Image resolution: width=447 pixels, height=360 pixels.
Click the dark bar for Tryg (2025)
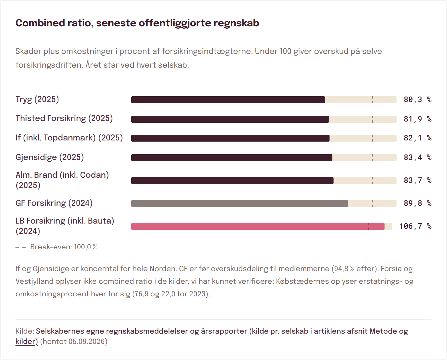pos(228,100)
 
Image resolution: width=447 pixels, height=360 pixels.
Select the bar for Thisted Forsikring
pos(230,119)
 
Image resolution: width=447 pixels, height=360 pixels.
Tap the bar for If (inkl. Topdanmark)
pos(230,138)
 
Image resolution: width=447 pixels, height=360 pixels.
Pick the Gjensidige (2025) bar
pos(232,158)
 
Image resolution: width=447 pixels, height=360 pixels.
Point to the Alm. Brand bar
pos(232,180)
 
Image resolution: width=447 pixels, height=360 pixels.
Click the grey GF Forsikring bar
pos(240,204)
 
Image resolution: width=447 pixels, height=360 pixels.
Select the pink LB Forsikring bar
pos(258,226)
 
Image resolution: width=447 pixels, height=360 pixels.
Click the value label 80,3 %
pos(417,99)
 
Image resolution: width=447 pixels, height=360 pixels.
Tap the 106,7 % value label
pos(415,226)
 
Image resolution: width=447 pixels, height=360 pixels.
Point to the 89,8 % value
pos(417,203)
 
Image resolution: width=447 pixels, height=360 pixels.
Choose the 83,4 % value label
pos(417,157)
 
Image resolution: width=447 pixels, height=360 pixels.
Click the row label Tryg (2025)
pos(37,99)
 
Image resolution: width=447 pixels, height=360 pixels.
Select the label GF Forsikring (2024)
pos(54,203)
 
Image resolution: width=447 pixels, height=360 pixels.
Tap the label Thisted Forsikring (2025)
pos(64,118)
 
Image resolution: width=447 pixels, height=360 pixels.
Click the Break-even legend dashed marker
pos(21,247)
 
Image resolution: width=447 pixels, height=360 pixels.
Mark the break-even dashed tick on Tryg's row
pos(372,100)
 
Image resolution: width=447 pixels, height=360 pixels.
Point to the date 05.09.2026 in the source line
pos(87,341)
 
